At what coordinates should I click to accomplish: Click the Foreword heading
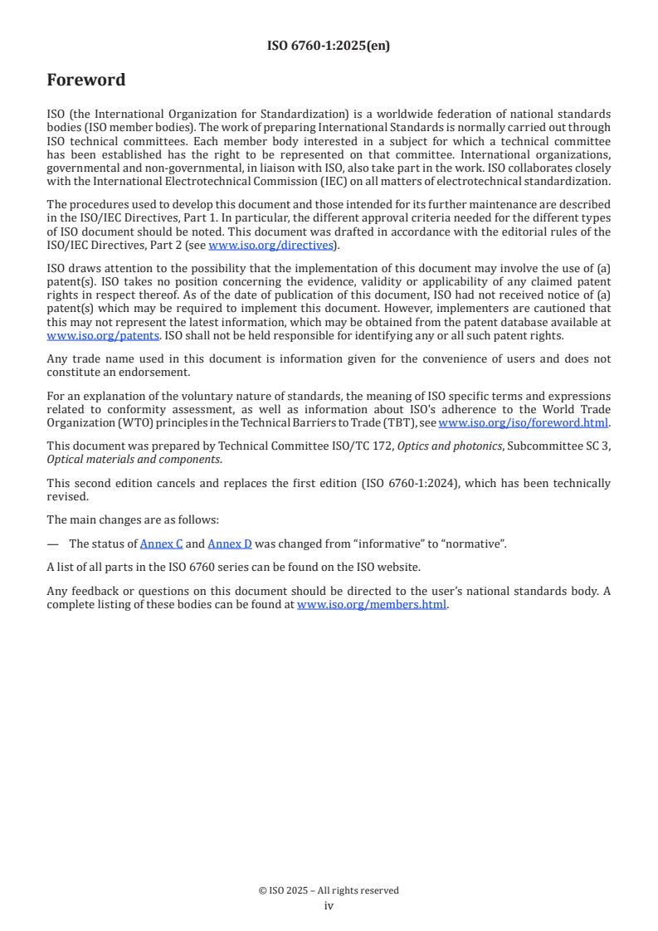[x=86, y=80]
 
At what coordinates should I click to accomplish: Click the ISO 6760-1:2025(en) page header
[x=329, y=46]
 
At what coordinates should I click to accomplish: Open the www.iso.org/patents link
[x=79, y=336]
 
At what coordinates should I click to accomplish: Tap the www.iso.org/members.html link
[x=372, y=605]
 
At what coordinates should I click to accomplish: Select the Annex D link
[x=229, y=543]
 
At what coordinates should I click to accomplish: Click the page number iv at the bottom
[x=329, y=906]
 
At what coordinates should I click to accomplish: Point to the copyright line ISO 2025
[x=329, y=890]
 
